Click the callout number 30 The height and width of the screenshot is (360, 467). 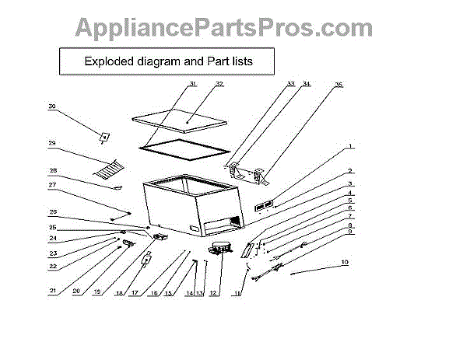pyautogui.click(x=52, y=107)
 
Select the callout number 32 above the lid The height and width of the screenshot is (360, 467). pyautogui.click(x=219, y=83)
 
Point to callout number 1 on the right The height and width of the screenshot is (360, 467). pyautogui.click(x=351, y=145)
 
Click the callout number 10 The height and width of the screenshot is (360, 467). pyautogui.click(x=345, y=262)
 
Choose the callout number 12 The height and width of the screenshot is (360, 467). pyautogui.click(x=214, y=292)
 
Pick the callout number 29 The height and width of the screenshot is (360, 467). pyautogui.click(x=52, y=144)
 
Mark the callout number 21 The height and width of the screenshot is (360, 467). pyautogui.click(x=52, y=291)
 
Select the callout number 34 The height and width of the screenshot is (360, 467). pyautogui.click(x=307, y=83)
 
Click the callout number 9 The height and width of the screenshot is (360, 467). pyautogui.click(x=351, y=232)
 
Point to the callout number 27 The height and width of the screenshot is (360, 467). pyautogui.click(x=52, y=185)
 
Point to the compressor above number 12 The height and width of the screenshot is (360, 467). pyautogui.click(x=218, y=247)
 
